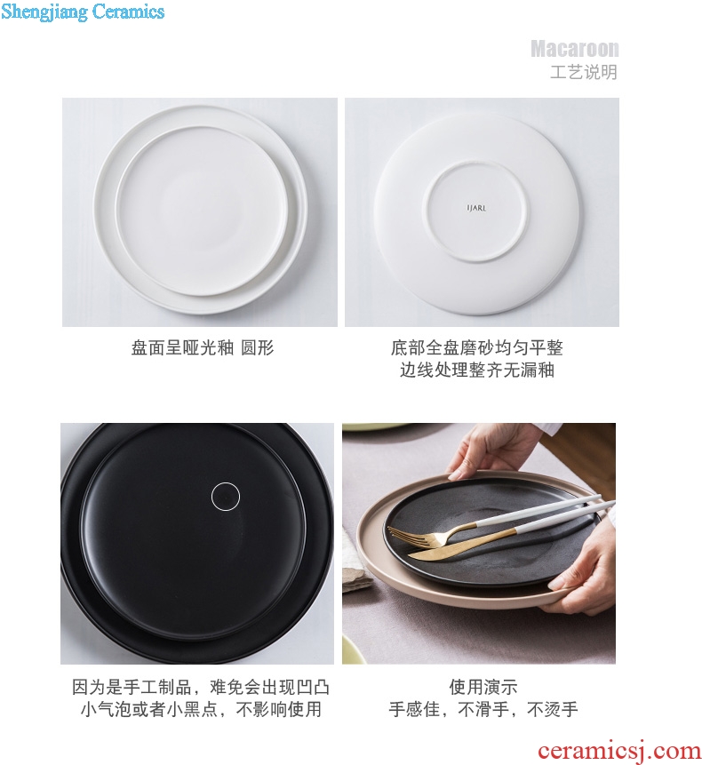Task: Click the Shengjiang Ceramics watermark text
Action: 83,12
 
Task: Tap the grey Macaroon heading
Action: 575,49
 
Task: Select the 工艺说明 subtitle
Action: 584,72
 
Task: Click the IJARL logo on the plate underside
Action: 476,208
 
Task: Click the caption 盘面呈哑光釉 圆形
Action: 203,348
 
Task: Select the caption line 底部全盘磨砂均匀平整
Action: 477,348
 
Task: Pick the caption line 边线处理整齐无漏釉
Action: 477,370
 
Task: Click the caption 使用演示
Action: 483,688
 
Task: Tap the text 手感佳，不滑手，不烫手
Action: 483,709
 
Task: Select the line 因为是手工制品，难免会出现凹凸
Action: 201,688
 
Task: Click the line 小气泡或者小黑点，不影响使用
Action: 201,709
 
